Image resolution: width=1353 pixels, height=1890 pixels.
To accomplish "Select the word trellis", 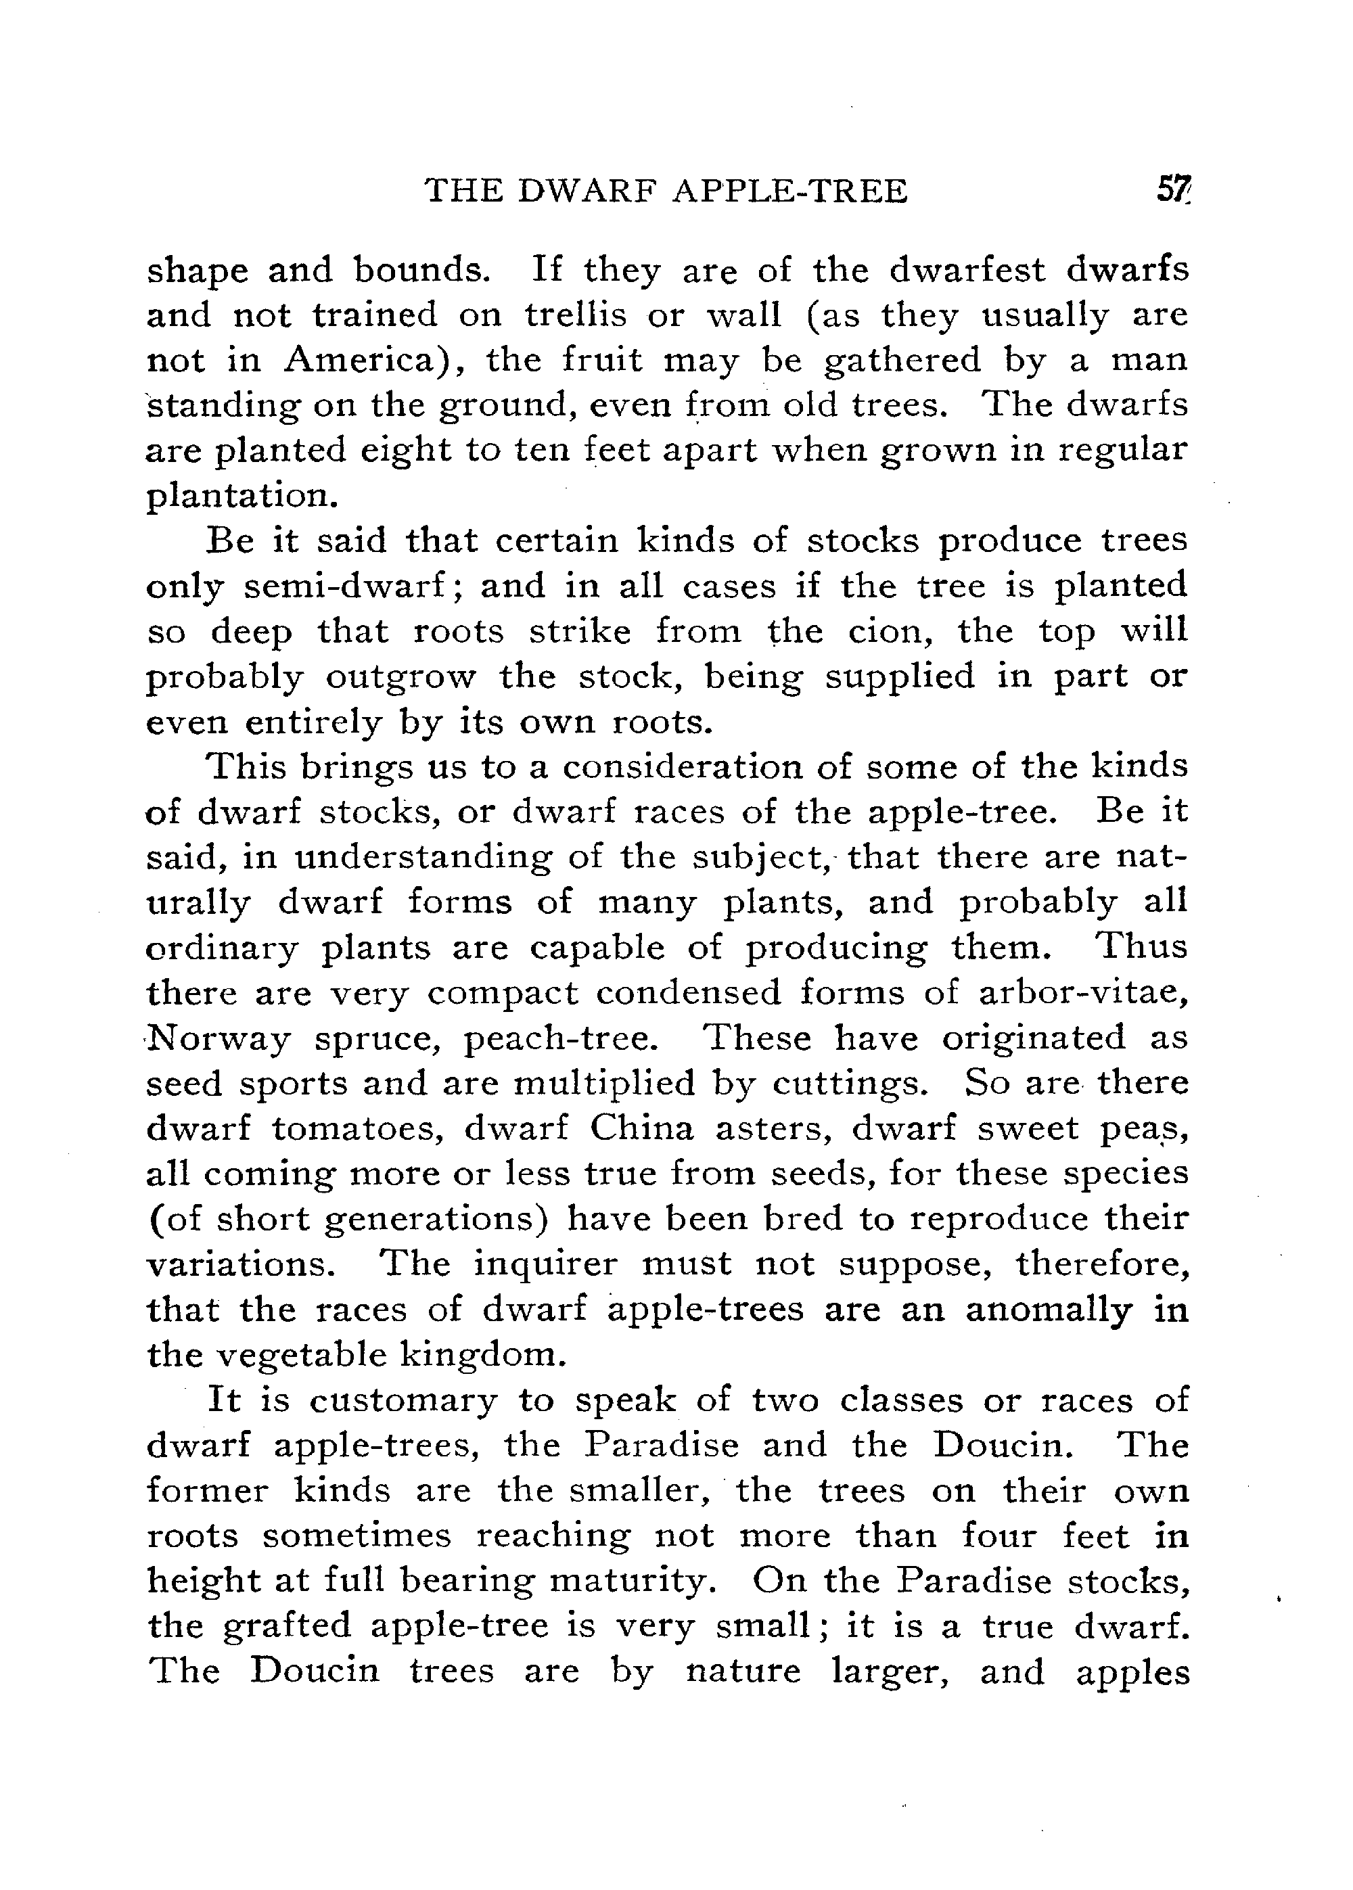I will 576,315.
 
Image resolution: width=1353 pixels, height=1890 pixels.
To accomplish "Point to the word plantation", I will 240,496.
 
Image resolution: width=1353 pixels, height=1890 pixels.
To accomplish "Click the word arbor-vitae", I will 1082,993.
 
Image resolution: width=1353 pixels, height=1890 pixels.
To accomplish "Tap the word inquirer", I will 546,1264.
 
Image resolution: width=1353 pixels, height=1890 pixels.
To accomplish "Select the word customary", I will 403,1400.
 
